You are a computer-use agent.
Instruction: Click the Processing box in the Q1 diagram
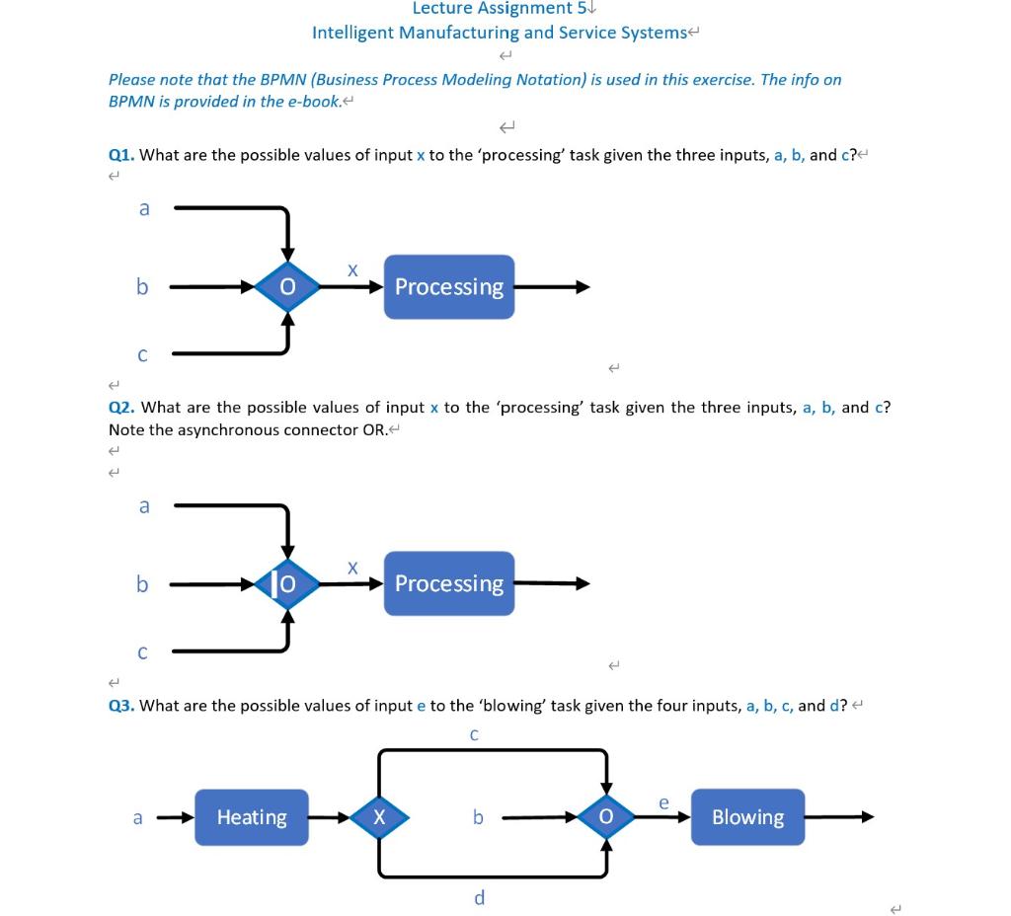click(449, 287)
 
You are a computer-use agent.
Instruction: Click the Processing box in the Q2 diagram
click(449, 583)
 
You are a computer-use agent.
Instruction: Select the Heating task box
click(252, 817)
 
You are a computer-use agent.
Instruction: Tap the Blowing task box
click(747, 817)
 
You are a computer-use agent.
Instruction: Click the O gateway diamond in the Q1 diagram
click(287, 287)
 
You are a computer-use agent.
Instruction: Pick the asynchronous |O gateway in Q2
click(287, 584)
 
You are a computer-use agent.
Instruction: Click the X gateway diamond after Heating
click(379, 817)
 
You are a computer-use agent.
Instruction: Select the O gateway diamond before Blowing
click(606, 817)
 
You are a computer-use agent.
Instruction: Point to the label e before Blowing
click(664, 803)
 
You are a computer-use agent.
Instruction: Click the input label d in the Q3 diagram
click(479, 897)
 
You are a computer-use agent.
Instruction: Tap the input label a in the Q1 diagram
click(144, 208)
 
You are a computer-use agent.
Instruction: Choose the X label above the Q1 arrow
click(352, 269)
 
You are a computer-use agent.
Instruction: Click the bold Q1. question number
click(122, 155)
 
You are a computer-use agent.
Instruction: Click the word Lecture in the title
click(443, 9)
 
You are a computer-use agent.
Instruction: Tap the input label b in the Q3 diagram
click(478, 817)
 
